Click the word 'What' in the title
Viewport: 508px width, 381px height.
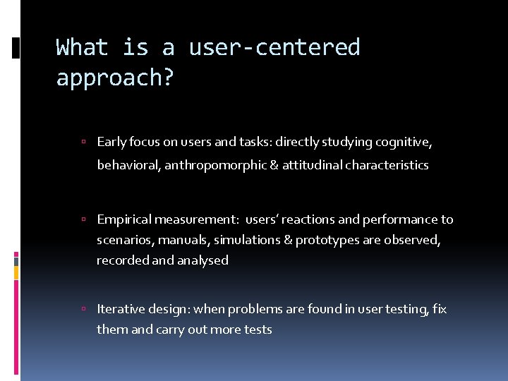point(82,47)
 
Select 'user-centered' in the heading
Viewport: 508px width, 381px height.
point(274,47)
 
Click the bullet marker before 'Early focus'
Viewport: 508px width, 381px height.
point(83,143)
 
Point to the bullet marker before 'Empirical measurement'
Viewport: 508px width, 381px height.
point(83,220)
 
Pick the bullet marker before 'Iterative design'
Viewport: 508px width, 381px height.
point(83,310)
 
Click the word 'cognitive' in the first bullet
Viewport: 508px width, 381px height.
point(402,143)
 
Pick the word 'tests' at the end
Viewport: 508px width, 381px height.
point(258,329)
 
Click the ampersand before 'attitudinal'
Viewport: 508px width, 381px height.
point(274,165)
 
